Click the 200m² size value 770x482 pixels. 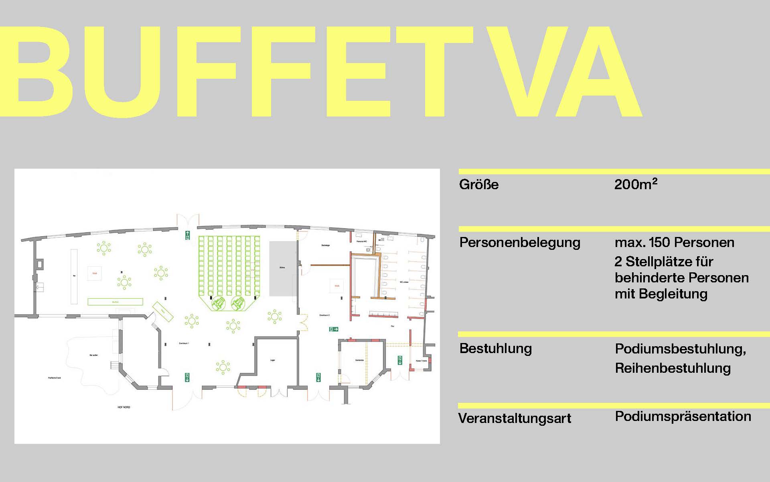(x=636, y=184)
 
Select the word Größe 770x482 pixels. (x=479, y=185)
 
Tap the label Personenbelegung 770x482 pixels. (x=520, y=243)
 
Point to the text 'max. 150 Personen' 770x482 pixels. (x=675, y=243)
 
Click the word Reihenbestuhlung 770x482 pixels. (x=673, y=368)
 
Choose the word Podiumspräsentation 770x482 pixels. (x=683, y=417)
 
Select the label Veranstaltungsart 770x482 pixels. (x=515, y=419)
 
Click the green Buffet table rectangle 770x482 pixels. (x=115, y=302)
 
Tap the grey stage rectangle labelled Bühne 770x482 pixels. (x=283, y=268)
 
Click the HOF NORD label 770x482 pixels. (x=124, y=407)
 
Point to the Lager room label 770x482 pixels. (x=273, y=360)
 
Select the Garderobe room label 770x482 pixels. (x=359, y=360)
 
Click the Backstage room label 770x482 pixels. (x=325, y=245)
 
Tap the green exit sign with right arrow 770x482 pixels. (x=334, y=329)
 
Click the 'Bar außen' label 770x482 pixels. (x=93, y=355)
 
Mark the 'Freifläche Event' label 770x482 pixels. (x=55, y=378)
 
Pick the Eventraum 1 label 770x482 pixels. (x=184, y=344)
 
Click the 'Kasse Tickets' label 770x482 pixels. (x=421, y=361)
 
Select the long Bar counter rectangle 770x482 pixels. (x=74, y=276)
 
